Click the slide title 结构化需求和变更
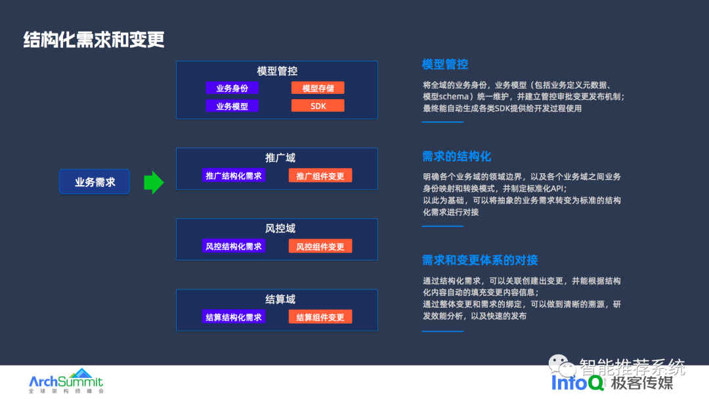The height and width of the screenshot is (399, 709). [x=94, y=39]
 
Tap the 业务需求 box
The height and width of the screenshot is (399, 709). [x=95, y=182]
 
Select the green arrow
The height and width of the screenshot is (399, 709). [x=154, y=182]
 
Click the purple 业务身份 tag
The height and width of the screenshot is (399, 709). [x=232, y=88]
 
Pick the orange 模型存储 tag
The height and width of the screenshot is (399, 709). [x=318, y=88]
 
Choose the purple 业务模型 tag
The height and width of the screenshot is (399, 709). [x=232, y=106]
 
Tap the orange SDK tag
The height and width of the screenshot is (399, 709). [x=318, y=106]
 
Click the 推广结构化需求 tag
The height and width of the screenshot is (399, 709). [x=234, y=176]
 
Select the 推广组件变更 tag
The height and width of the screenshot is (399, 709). [x=320, y=176]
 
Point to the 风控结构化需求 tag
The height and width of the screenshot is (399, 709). [x=234, y=246]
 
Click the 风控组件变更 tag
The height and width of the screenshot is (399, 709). [x=320, y=246]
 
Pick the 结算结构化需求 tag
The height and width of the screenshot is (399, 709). [x=234, y=317]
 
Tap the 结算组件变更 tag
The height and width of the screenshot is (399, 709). [x=320, y=317]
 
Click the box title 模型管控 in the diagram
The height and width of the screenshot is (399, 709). [x=277, y=71]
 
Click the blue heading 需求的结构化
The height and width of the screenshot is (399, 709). [x=456, y=156]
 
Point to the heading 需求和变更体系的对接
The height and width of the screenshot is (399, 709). [x=480, y=260]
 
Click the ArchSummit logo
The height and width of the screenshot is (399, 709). [x=66, y=381]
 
